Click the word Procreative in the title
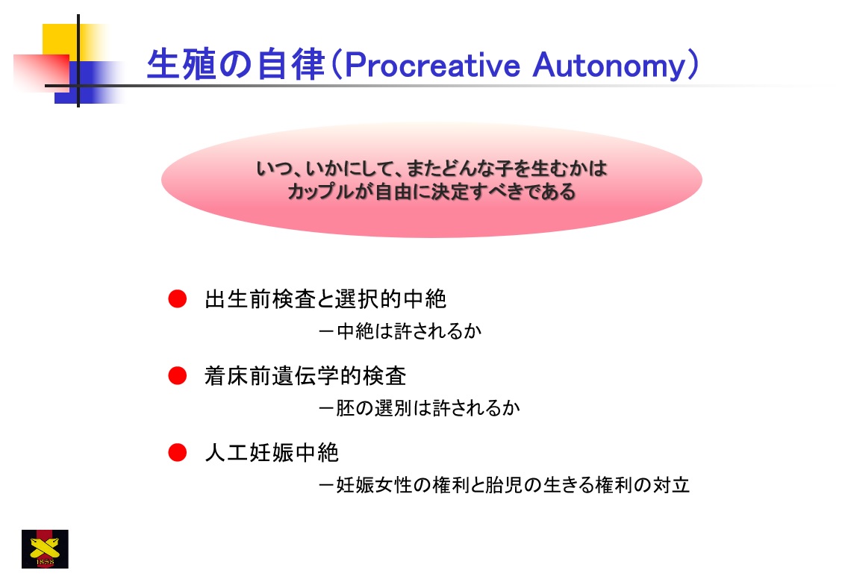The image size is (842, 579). point(432,66)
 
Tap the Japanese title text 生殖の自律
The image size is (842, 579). point(236,64)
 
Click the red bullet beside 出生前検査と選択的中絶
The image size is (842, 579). point(177,299)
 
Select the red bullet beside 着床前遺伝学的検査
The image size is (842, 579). point(177,375)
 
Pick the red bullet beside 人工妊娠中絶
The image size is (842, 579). point(177,452)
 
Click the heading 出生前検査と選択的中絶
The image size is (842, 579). point(325,299)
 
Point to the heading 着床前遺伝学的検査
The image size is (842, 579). point(305,375)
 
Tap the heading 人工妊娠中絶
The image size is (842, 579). point(272,452)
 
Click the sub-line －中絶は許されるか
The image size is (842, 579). point(399,331)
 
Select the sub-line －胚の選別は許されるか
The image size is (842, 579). point(419,408)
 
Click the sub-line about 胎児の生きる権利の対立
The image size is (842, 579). point(504,485)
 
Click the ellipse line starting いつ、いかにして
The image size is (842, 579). point(431,169)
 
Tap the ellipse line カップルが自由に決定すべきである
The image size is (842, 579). point(431,192)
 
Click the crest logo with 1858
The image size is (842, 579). point(45,549)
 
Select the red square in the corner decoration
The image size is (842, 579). point(41,72)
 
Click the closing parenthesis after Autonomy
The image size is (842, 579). point(693,66)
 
